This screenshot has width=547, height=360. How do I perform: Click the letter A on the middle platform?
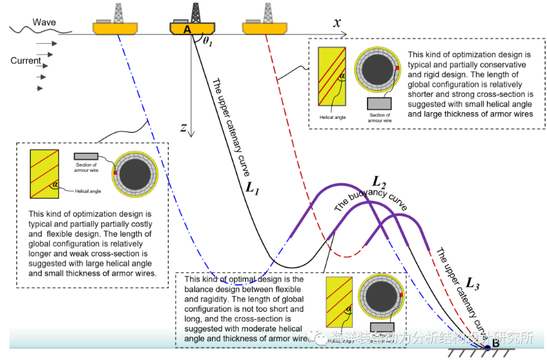(187, 30)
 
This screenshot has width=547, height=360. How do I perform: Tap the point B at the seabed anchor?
(494, 343)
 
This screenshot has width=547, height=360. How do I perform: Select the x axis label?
(338, 23)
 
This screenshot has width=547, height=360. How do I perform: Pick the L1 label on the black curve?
(252, 187)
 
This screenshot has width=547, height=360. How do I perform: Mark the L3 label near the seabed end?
(472, 284)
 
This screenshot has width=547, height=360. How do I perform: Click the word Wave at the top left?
(45, 23)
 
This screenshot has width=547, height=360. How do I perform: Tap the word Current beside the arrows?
(25, 61)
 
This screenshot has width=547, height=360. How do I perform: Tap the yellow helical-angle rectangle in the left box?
(47, 173)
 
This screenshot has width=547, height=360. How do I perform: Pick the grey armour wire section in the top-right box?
(379, 104)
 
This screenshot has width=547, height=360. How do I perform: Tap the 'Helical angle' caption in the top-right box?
(330, 117)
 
